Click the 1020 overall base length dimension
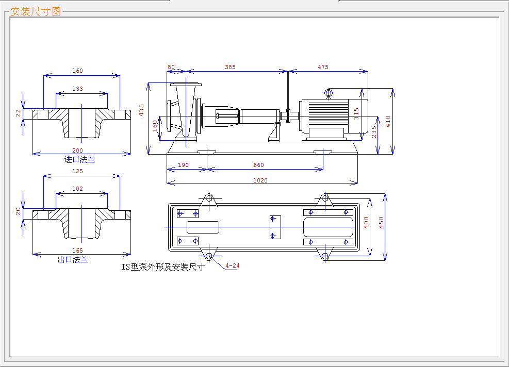260,180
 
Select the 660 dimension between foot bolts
259,165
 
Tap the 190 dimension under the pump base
183,165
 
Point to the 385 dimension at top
230,67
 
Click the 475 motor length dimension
323,67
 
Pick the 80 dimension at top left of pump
171,67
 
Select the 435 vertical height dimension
141,110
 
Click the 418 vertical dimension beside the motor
388,121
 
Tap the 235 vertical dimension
374,132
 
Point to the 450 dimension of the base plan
381,223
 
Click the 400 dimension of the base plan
366,223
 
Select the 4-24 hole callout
233,266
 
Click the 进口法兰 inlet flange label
79,159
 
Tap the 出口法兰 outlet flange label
73,259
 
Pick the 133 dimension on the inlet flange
77,89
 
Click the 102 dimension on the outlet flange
77,189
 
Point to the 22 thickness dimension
18,113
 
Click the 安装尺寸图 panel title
36,12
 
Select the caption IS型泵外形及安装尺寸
163,267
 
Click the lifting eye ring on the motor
329,93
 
